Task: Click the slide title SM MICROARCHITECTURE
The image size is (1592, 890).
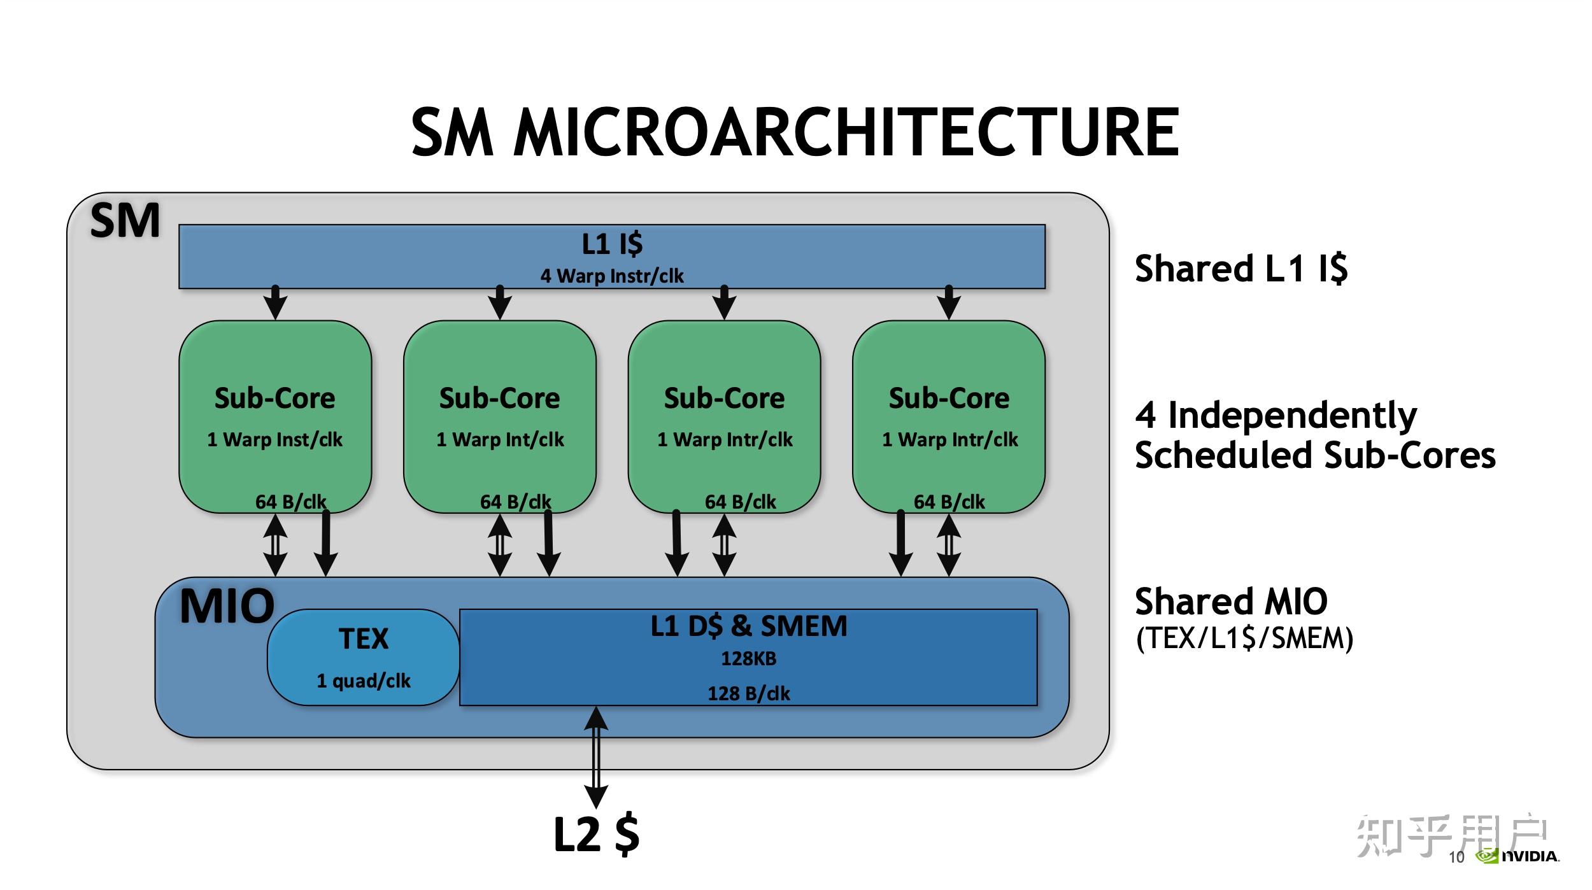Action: pos(795,132)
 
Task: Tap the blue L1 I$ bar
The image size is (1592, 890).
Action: pos(612,257)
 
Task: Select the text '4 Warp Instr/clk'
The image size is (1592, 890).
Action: pos(612,276)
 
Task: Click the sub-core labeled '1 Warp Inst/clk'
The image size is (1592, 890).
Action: pos(275,416)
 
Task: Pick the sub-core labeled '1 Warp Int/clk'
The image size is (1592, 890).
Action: pos(500,416)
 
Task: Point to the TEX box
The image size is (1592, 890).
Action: pos(363,657)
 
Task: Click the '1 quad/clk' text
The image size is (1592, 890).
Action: pos(364,681)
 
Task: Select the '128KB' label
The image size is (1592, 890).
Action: pos(749,658)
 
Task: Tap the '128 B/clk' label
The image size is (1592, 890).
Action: pos(749,693)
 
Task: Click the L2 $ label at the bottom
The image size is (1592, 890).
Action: pos(597,834)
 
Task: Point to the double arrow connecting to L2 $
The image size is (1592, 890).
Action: pos(596,758)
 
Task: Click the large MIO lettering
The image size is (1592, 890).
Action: pos(227,606)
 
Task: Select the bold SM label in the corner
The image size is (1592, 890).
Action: pos(125,221)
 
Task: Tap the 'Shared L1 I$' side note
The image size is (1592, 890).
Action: pos(1241,268)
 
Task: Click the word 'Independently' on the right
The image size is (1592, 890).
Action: pos(1293,416)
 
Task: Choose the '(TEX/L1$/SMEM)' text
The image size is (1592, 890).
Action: pos(1245,638)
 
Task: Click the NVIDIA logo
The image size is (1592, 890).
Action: pos(1517,856)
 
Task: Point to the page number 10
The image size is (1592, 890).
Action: pos(1457,857)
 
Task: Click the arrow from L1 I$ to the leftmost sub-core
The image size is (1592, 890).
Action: pos(275,302)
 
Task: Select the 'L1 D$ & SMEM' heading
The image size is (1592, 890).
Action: pos(749,626)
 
